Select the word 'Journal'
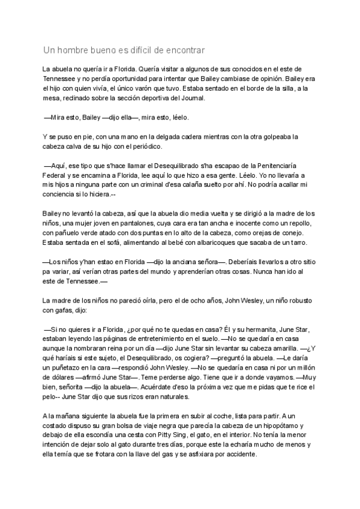tap(191, 98)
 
